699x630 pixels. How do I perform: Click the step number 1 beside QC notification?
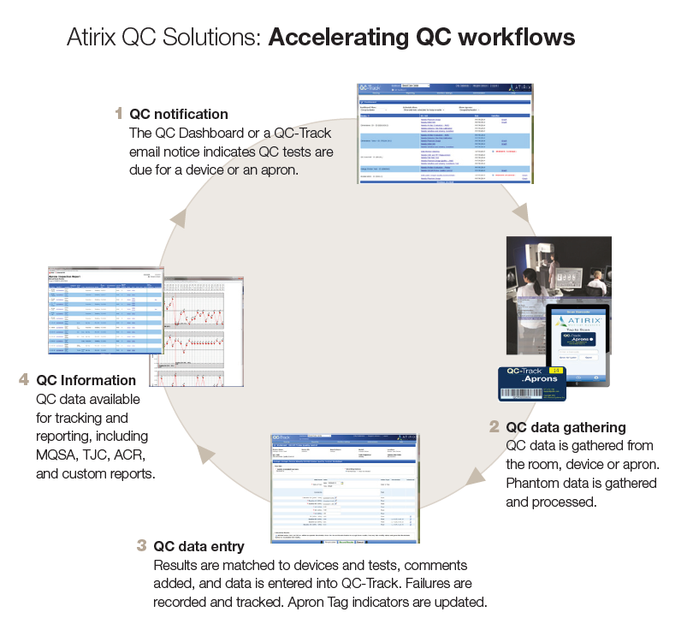click(x=119, y=113)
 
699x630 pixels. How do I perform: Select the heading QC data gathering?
click(x=566, y=426)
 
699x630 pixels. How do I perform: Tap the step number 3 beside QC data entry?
click(x=141, y=545)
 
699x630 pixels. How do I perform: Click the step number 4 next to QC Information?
click(x=24, y=379)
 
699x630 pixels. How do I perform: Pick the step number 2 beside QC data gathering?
click(x=494, y=426)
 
